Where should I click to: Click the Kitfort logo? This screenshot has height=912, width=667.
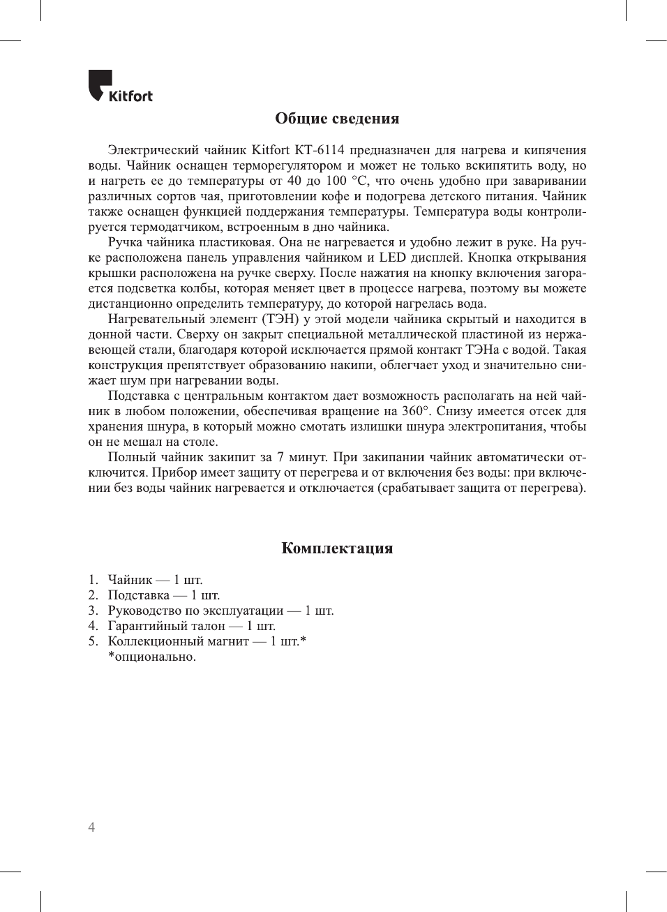point(120,87)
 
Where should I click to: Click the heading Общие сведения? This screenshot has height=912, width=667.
point(337,119)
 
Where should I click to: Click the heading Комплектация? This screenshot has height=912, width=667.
point(337,548)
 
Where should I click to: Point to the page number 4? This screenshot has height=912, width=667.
point(91,828)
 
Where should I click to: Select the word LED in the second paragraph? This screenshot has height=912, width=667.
point(392,257)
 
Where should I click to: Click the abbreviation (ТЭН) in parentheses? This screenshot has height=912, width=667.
point(280,319)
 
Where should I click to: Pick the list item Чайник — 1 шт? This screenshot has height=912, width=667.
point(155,580)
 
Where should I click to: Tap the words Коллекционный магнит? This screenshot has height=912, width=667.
point(178,641)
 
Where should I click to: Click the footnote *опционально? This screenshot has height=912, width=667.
point(151,657)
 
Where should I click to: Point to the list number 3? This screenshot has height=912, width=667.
point(93,611)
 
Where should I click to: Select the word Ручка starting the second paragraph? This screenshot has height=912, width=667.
point(126,242)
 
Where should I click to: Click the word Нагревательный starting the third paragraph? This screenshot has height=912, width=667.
point(158,319)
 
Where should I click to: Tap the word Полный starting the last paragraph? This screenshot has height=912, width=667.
point(131,457)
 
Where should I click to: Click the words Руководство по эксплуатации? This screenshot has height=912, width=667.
point(195,611)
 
